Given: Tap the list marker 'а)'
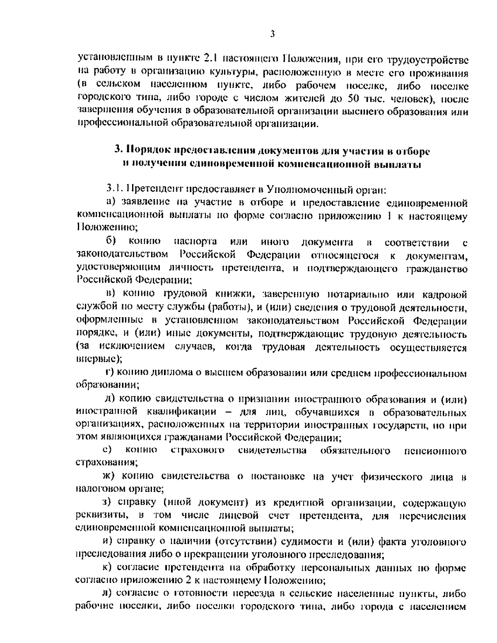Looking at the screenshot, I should tap(111, 202).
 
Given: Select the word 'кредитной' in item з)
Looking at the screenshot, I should tap(299, 503).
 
